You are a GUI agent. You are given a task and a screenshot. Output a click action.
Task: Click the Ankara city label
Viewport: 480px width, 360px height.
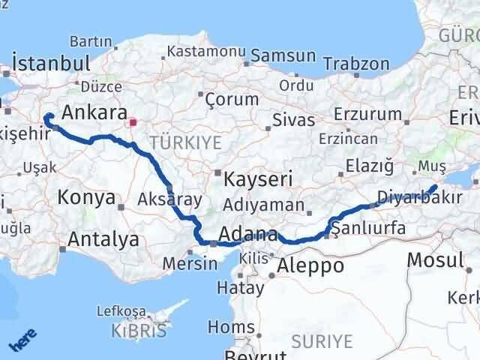94,113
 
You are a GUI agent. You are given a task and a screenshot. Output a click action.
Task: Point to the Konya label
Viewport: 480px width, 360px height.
87,198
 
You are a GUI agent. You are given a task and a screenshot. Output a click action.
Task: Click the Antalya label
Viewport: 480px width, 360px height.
103,240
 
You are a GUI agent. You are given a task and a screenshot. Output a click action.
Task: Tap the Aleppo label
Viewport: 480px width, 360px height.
310,266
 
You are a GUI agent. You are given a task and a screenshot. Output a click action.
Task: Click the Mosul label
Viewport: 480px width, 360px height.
434,261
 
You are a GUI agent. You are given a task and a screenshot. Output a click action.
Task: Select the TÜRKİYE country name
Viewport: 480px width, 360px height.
174,142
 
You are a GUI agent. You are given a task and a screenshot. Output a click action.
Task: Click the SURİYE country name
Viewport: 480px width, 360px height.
323,341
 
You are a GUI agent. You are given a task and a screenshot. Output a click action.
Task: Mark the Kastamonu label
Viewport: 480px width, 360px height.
205,51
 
